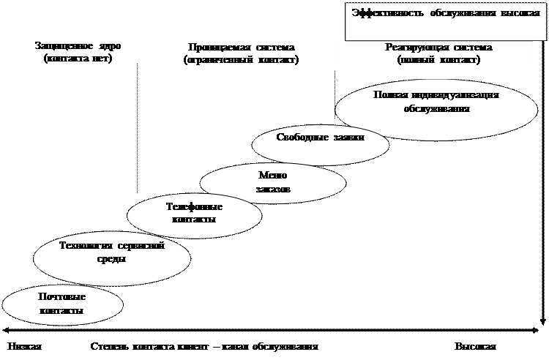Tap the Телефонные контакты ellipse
click(x=194, y=214)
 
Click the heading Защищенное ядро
click(x=78, y=46)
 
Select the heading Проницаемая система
click(x=241, y=48)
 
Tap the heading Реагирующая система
click(x=438, y=48)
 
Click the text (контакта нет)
click(x=78, y=58)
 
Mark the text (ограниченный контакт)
click(x=241, y=59)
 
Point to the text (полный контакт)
click(x=438, y=59)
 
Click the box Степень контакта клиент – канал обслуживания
click(x=262, y=346)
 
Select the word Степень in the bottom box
click(x=109, y=346)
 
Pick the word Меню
click(x=273, y=176)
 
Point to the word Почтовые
click(x=62, y=297)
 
